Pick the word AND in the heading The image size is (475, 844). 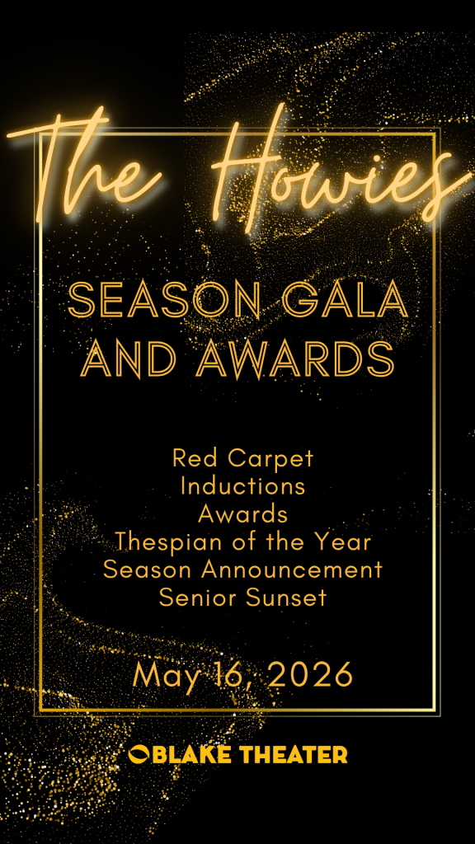click(133, 359)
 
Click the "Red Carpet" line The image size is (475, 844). click(242, 460)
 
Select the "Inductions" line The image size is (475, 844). click(243, 486)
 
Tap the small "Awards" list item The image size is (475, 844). click(242, 514)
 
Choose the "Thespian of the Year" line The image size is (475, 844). click(243, 542)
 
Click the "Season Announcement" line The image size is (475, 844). click(243, 570)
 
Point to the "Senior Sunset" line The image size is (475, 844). click(243, 598)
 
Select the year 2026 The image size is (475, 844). click(310, 674)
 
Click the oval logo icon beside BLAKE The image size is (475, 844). click(139, 753)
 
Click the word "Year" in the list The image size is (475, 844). click(348, 542)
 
